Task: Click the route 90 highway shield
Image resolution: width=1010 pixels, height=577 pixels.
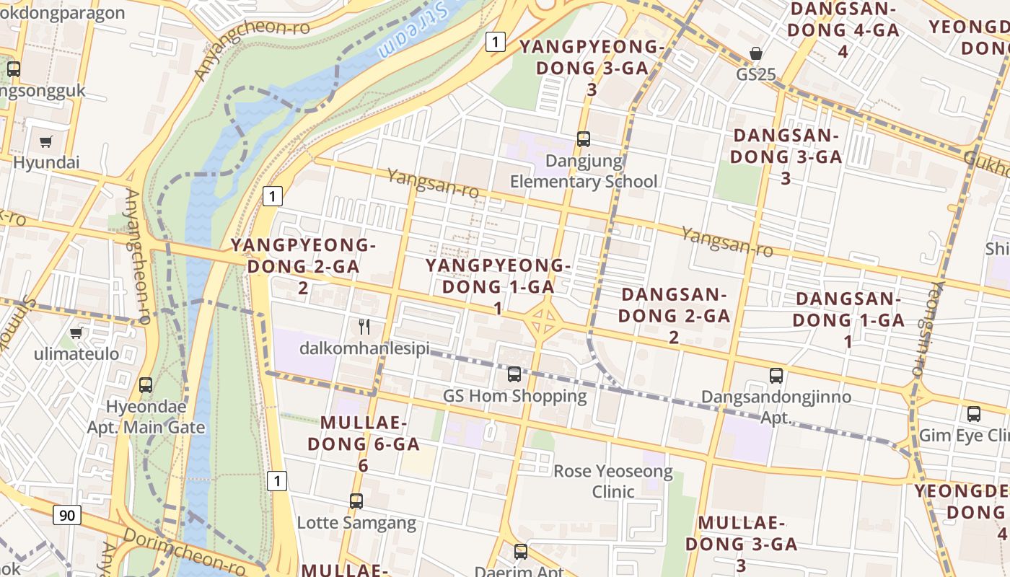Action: pos(67,515)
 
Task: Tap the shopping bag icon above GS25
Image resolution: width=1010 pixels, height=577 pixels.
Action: pos(755,53)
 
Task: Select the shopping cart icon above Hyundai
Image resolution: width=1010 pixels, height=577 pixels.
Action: pos(46,141)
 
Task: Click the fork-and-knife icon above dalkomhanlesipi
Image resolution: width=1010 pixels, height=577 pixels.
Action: pos(364,327)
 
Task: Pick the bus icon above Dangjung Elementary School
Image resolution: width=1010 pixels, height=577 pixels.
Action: pos(583,138)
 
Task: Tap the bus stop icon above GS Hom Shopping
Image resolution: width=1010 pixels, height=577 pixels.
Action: pos(514,374)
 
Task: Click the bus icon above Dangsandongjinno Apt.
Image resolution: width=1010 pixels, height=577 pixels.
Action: pos(776,375)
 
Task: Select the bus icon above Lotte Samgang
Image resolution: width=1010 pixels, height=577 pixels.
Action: pos(356,501)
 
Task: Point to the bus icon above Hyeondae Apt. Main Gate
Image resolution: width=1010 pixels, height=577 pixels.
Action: pos(146,384)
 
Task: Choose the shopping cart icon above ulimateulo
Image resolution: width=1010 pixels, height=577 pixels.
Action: pos(76,332)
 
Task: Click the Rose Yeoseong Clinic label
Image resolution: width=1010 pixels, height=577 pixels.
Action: pos(613,482)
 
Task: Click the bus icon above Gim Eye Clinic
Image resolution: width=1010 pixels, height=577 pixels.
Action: pos(973,414)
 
